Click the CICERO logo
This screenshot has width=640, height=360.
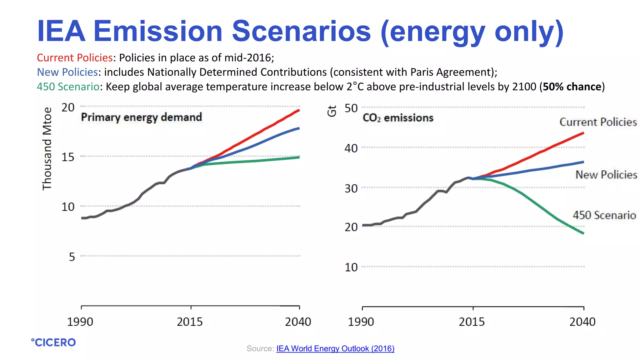point(53,342)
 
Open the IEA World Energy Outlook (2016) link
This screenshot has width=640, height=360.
point(335,348)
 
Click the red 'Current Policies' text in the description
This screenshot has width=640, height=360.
point(75,58)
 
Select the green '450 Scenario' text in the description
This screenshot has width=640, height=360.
point(68,87)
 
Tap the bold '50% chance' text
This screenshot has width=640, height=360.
point(572,87)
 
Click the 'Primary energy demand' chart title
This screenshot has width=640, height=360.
point(141,117)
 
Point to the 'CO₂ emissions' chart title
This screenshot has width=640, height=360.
point(398,118)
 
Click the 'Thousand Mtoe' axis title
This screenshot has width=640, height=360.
point(47,148)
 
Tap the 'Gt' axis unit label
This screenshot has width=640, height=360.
point(332,111)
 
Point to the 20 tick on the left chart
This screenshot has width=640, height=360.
point(68,107)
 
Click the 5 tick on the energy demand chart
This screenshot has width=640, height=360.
point(72,257)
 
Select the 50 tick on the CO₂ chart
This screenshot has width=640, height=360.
point(351,108)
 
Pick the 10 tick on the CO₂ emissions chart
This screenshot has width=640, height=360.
point(351,267)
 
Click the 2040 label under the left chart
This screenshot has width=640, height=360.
point(298,322)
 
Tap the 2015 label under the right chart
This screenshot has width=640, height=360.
point(472,322)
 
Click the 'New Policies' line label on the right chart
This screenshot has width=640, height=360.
point(606,175)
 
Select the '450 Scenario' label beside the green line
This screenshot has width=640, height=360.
point(604,215)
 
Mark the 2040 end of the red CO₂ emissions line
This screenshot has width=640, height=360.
point(583,133)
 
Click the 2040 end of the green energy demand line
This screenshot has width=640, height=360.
point(299,157)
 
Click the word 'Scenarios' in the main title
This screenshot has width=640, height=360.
point(301,31)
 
